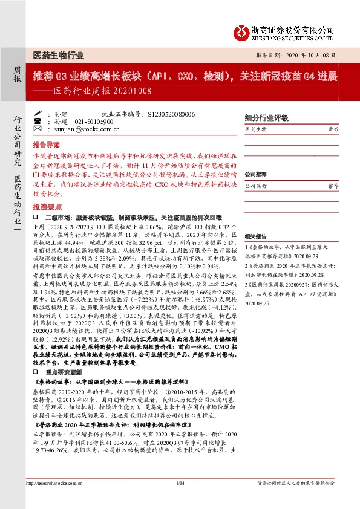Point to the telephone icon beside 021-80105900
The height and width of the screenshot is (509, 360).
37,121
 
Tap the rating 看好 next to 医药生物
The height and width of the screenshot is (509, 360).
332,129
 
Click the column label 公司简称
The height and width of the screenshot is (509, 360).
257,187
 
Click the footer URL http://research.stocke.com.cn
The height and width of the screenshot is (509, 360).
50,500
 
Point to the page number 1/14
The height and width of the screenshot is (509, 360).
180,500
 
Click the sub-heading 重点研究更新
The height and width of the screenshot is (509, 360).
64,374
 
